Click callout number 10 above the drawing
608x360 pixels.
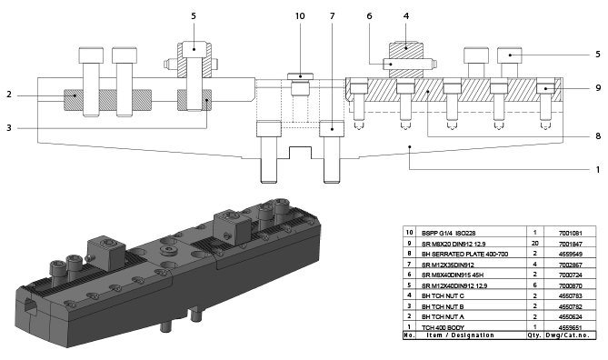point(300,16)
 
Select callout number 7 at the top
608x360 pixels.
point(333,16)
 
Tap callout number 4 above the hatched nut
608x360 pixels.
point(405,15)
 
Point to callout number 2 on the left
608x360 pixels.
point(8,95)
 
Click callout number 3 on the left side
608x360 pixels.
point(8,128)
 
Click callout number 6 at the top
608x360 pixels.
point(369,16)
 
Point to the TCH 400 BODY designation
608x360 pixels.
point(443,326)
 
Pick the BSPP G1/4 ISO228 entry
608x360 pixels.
point(452,233)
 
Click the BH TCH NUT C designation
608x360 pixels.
point(444,295)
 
